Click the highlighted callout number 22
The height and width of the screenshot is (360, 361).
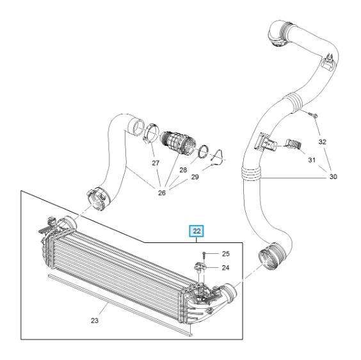pyautogui.click(x=197, y=231)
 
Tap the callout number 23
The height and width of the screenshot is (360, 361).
pyautogui.click(x=95, y=320)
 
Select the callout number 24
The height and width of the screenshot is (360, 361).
pyautogui.click(x=225, y=267)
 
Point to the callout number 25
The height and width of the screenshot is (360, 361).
pyautogui.click(x=225, y=253)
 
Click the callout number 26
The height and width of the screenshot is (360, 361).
pyautogui.click(x=162, y=192)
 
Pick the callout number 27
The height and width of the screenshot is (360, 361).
pyautogui.click(x=156, y=163)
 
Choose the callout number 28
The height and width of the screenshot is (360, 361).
pyautogui.click(x=183, y=170)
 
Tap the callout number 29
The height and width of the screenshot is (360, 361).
pyautogui.click(x=195, y=177)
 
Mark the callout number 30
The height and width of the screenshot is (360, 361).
pyautogui.click(x=333, y=176)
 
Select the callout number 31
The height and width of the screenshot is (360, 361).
pyautogui.click(x=312, y=160)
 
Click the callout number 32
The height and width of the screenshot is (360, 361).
pyautogui.click(x=323, y=142)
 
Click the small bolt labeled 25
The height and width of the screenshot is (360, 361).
pyautogui.click(x=204, y=254)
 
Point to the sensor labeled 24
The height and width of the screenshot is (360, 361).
pyautogui.click(x=199, y=268)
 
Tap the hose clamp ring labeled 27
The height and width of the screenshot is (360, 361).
pyautogui.click(x=151, y=133)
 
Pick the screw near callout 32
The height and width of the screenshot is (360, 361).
pyautogui.click(x=314, y=115)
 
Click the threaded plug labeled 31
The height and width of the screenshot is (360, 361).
pyautogui.click(x=293, y=144)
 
